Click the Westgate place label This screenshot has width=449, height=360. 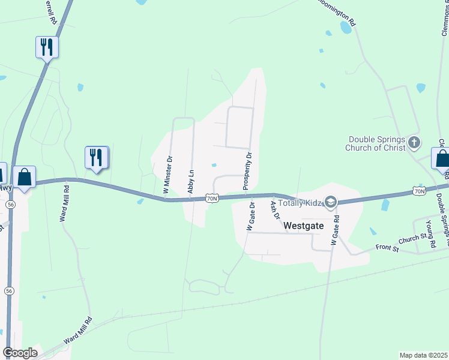tap(303, 226)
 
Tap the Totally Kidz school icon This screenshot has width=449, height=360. tap(330, 202)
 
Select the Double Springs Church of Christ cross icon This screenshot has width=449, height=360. tap(414, 143)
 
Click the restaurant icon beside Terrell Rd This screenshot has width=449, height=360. tap(46, 46)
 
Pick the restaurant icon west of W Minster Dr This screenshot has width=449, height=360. tap(96, 157)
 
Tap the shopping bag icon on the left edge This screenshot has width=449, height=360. tap(24, 177)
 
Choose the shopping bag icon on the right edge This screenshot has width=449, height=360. tap(442, 159)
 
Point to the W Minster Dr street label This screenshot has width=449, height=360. tap(168, 175)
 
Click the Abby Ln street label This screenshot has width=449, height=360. tap(191, 173)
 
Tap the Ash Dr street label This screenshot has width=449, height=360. tap(275, 209)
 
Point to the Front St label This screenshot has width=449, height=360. tap(387, 247)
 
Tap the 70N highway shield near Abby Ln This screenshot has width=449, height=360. tap(211, 198)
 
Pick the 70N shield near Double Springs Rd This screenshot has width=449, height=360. tap(419, 191)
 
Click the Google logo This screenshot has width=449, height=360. tap(20, 353)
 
